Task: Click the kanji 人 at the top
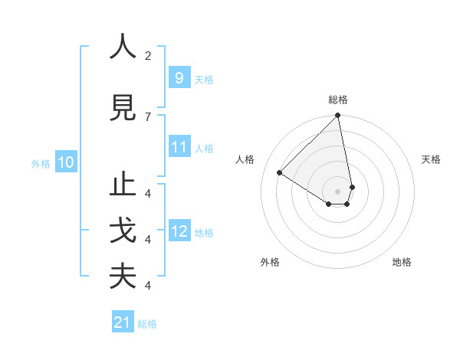click(x=123, y=47)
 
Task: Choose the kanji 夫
click(x=123, y=276)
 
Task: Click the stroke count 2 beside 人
click(x=148, y=56)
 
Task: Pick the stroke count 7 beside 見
click(x=148, y=116)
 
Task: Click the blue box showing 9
click(x=179, y=78)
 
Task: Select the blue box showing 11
click(x=179, y=147)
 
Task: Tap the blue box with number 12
click(x=179, y=231)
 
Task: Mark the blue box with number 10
click(x=66, y=162)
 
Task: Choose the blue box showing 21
click(x=123, y=322)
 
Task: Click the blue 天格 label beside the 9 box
click(x=204, y=79)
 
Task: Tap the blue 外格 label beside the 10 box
click(x=41, y=163)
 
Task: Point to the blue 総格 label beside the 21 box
click(x=147, y=323)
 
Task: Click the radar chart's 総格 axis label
click(x=338, y=100)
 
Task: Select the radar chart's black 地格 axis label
click(x=402, y=262)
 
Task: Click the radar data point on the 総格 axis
click(x=338, y=116)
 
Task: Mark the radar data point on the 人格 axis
click(x=280, y=172)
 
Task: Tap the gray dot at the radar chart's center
click(x=338, y=191)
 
